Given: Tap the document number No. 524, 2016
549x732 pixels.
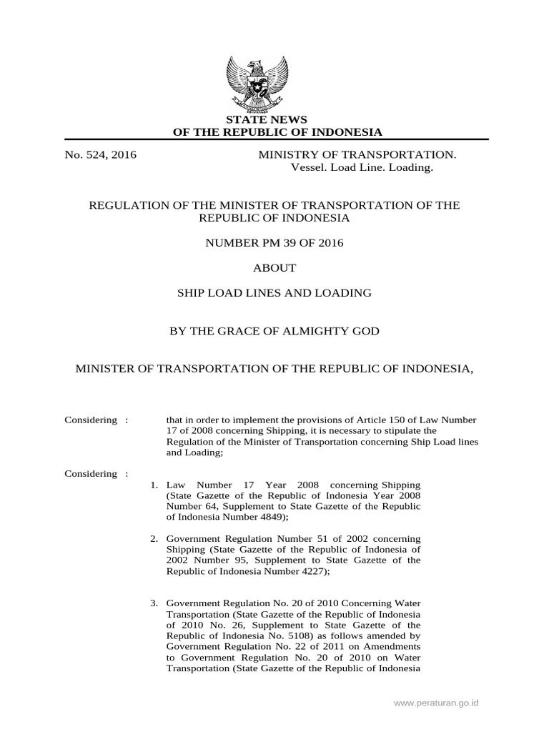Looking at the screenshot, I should [x=101, y=154].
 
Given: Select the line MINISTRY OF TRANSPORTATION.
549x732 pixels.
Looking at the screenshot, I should [x=357, y=154].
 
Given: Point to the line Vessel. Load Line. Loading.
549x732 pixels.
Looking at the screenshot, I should [x=361, y=167].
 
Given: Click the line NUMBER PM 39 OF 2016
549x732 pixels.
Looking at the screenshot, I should [x=274, y=243].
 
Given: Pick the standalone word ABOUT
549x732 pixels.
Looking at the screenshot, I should [x=274, y=268].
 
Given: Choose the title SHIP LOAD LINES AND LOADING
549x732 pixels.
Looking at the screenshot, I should [x=274, y=292].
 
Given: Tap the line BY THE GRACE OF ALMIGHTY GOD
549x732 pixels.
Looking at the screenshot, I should [x=274, y=331].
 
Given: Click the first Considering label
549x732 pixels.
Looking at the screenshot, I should [x=90, y=420].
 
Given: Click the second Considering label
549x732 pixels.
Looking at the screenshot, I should [x=90, y=473].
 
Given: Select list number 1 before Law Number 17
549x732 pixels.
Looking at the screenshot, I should [x=154, y=485].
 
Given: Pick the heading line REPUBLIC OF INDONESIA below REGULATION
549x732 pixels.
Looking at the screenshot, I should [x=274, y=217].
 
